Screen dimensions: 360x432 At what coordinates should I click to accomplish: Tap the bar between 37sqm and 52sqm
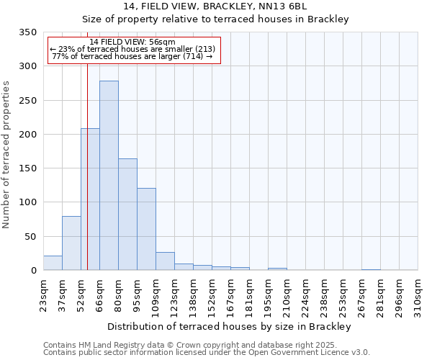(71, 243)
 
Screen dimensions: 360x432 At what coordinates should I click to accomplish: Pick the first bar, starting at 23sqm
(53, 263)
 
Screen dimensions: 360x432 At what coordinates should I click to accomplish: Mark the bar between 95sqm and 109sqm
(146, 229)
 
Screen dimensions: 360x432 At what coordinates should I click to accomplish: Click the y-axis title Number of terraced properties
(6, 155)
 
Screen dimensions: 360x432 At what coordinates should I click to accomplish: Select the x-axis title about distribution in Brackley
(228, 327)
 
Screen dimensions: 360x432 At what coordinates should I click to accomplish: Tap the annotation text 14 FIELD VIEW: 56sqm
(132, 42)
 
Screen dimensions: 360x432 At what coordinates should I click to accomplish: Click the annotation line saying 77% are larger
(132, 56)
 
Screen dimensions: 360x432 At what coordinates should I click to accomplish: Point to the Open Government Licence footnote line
(207, 352)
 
